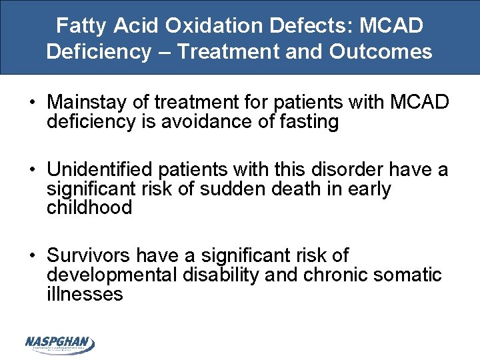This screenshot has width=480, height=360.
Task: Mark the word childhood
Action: [x=89, y=207]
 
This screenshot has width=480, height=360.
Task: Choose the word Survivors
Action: [x=89, y=256]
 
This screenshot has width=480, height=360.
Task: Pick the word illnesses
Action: [x=85, y=293]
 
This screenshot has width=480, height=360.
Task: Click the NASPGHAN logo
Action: [x=60, y=344]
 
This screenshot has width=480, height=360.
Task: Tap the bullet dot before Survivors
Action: [x=31, y=257]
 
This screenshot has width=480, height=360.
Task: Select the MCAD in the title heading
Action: [x=391, y=27]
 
